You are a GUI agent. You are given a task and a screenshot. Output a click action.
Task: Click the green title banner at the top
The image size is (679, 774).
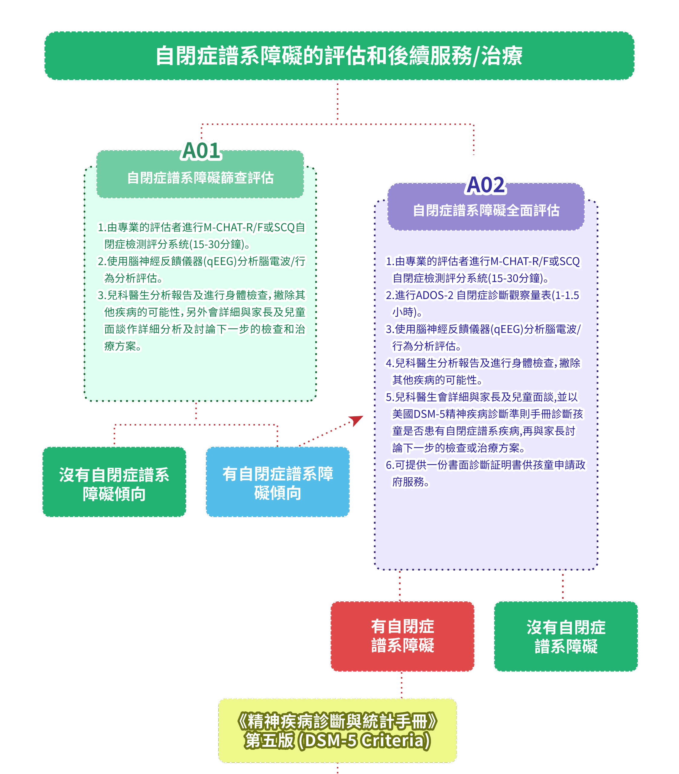point(339,56)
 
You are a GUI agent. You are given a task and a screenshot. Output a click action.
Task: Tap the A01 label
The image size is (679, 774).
point(201,150)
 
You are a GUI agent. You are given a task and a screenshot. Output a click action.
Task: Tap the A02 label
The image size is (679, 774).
point(486,185)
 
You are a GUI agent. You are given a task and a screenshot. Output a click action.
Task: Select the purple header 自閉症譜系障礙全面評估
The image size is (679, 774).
point(486,210)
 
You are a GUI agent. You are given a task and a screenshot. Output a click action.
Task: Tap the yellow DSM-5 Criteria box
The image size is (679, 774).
point(337,731)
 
